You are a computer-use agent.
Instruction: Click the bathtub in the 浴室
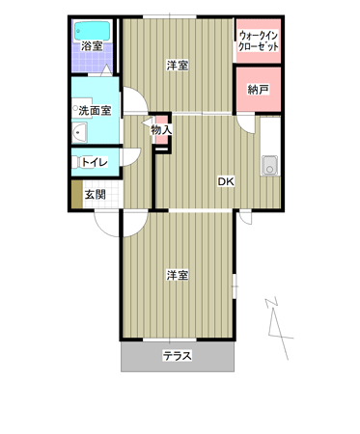point(93,31)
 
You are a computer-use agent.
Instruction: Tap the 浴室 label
point(92,46)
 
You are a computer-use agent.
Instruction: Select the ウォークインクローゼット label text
point(258,41)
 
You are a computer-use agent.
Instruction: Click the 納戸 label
point(258,90)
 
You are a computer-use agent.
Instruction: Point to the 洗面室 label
point(95,111)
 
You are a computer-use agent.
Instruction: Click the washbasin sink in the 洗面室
point(79,132)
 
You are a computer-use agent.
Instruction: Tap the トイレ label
point(95,162)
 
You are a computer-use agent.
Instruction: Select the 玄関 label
point(95,195)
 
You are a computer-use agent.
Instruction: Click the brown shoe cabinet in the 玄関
point(77,194)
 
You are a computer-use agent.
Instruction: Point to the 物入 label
point(161,130)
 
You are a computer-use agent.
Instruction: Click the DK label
point(226,181)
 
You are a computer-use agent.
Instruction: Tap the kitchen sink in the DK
point(269,165)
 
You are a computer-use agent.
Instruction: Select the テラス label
point(178,356)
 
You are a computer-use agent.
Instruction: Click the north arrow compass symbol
point(279,328)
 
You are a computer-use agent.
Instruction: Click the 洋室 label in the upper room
point(178,66)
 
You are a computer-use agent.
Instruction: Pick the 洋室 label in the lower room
point(178,276)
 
